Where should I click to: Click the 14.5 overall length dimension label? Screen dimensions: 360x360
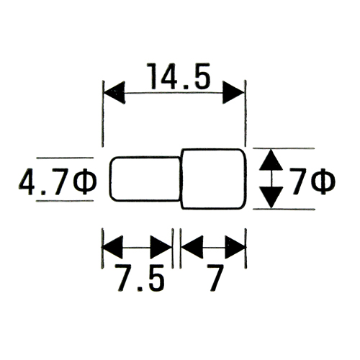(179, 76)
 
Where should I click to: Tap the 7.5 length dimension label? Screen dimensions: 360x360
(140, 277)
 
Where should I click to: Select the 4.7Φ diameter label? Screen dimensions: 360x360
(58, 181)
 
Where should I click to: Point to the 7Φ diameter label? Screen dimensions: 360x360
(312, 181)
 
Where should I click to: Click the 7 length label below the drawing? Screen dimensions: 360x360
(215, 277)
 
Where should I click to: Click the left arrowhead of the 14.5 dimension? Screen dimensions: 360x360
(114, 92)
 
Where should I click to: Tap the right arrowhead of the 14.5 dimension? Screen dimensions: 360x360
(233, 92)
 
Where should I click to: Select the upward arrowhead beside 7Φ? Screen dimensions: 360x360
(271, 160)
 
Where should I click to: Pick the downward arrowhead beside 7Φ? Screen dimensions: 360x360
(271, 197)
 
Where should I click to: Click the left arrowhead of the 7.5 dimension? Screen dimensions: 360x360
(112, 247)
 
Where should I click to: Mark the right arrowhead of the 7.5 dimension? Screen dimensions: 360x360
(161, 247)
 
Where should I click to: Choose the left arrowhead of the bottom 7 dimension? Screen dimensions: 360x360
(192, 247)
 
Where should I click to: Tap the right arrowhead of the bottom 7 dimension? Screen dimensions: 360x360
(235, 247)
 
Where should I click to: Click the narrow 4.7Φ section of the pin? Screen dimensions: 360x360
(145, 179)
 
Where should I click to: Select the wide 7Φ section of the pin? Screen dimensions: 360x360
(214, 179)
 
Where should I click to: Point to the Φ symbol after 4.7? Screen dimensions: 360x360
(84, 181)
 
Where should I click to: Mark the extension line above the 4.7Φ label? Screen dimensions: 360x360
(65, 158)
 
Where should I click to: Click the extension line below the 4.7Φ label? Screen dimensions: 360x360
(65, 201)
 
